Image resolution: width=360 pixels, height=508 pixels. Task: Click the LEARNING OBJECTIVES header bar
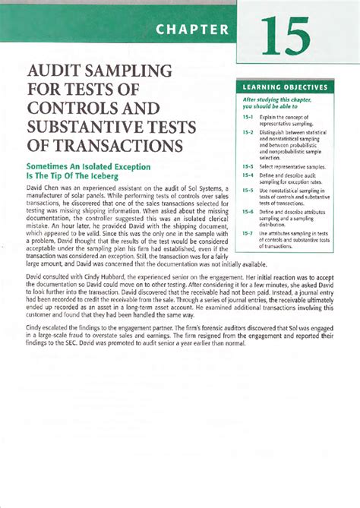coord(286,87)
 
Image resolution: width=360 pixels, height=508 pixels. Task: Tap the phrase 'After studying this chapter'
coord(280,100)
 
